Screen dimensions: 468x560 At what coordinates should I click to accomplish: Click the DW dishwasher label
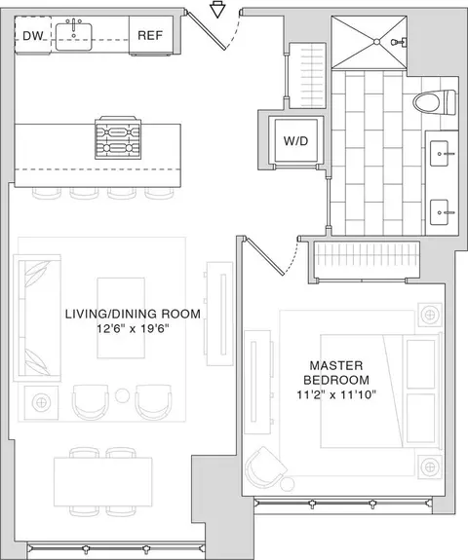coord(32,36)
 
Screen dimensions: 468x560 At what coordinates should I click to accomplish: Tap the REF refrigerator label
coord(150,35)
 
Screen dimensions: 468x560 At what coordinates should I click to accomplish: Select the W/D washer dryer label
coord(295,141)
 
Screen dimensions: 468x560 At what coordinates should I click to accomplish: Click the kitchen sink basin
coord(74,37)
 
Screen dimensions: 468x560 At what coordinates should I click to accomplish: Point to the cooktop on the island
coord(118,137)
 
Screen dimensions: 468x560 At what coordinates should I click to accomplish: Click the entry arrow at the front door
coord(217,10)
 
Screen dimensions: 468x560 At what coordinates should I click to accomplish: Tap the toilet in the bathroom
coord(435,102)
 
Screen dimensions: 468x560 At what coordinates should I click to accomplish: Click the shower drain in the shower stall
coord(376,42)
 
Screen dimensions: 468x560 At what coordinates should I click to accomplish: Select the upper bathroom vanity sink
coord(440,154)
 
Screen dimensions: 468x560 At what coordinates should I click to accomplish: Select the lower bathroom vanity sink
coord(440,212)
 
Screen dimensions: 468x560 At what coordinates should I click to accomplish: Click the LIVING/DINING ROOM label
coord(133,314)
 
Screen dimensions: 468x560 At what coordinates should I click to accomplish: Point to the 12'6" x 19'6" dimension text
coord(133,328)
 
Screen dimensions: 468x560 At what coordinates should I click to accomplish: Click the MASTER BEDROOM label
coord(336,372)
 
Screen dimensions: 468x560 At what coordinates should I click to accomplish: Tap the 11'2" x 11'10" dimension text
coord(336,394)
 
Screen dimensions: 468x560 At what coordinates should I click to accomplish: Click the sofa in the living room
coord(37,318)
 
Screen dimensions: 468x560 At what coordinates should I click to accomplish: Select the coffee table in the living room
coord(121,317)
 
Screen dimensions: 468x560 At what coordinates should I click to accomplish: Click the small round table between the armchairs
coord(122,395)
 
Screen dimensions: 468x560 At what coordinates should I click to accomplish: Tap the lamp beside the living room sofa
coord(42,402)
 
